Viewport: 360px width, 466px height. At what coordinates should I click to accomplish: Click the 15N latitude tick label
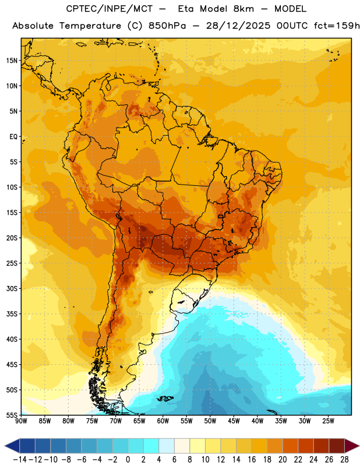12,61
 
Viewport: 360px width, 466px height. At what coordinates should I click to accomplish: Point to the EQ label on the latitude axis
13,137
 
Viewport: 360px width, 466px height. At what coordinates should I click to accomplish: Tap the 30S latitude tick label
12,288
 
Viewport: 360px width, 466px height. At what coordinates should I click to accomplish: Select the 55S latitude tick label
12,415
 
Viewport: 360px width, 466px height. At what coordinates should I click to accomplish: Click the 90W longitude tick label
21,421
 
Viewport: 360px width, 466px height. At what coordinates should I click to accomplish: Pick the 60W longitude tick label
163,421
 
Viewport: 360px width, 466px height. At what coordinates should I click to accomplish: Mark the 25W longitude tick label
328,421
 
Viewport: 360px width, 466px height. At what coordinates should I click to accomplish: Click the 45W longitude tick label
234,421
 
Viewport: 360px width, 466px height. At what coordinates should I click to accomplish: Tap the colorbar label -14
20,460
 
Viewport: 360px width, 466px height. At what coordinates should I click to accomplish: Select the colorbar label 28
344,460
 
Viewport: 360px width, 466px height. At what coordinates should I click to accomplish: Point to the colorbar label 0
128,460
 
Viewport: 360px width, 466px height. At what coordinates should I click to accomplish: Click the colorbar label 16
252,460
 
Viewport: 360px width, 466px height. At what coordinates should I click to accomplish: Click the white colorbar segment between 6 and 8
182,446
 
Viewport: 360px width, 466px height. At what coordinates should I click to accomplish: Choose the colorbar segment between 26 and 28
337,446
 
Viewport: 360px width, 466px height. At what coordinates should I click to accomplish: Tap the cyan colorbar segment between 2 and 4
151,446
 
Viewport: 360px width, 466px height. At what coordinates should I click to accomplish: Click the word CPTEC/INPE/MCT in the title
110,9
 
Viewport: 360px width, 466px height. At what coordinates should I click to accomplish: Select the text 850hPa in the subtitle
167,26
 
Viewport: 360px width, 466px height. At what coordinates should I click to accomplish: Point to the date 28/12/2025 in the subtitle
238,26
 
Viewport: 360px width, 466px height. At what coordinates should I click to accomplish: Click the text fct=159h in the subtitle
337,26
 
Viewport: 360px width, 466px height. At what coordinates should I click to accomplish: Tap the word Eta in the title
186,9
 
